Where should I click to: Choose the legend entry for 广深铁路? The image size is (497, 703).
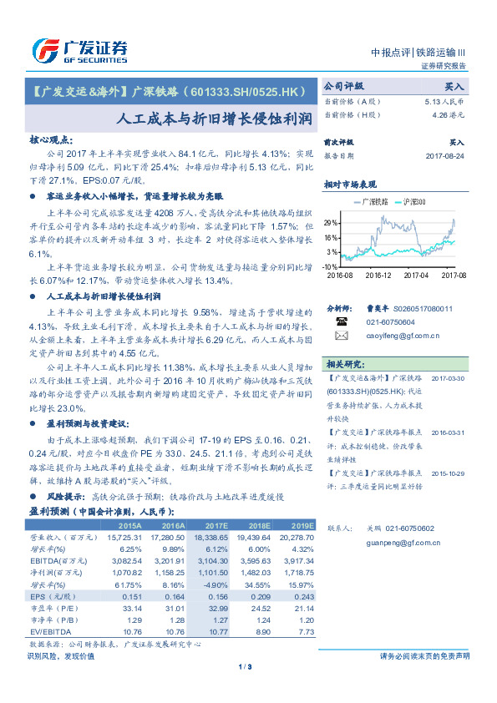(368, 202)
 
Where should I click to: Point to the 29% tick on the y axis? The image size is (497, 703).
(332, 223)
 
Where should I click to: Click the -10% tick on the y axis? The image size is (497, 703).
(331, 266)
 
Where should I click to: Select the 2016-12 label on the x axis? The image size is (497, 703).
(378, 275)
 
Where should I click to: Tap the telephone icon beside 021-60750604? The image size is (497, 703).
(341, 321)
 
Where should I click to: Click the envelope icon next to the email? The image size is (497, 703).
(341, 336)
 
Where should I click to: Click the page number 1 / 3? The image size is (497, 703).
(246, 666)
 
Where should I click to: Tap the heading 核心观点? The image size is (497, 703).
(51, 140)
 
